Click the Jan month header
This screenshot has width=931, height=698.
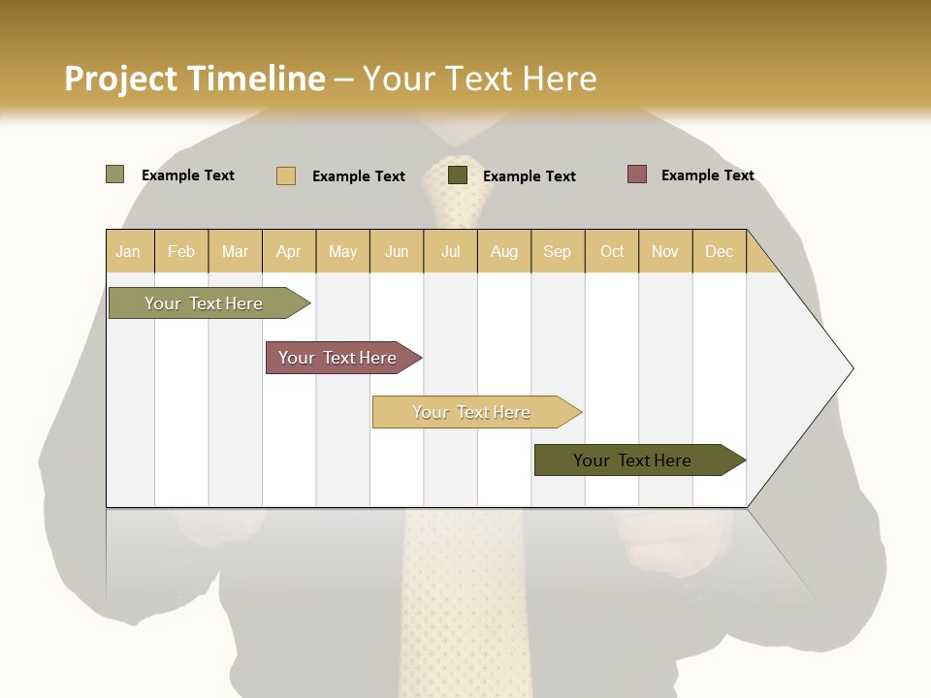[128, 251]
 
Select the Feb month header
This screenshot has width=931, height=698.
[181, 251]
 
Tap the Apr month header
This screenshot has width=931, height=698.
[288, 251]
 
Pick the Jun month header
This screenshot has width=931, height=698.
[397, 251]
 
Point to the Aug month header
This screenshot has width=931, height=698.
[503, 251]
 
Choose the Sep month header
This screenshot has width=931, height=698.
[557, 251]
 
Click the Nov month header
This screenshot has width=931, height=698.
[664, 251]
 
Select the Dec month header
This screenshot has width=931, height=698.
[719, 251]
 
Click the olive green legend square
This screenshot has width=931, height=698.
[114, 174]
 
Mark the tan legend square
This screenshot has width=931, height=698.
[285, 175]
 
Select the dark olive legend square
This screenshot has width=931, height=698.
[457, 175]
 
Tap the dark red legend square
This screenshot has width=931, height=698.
[636, 174]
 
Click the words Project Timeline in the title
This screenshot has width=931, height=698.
[195, 79]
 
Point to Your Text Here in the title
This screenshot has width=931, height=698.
[479, 79]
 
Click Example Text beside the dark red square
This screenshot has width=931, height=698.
[707, 175]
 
